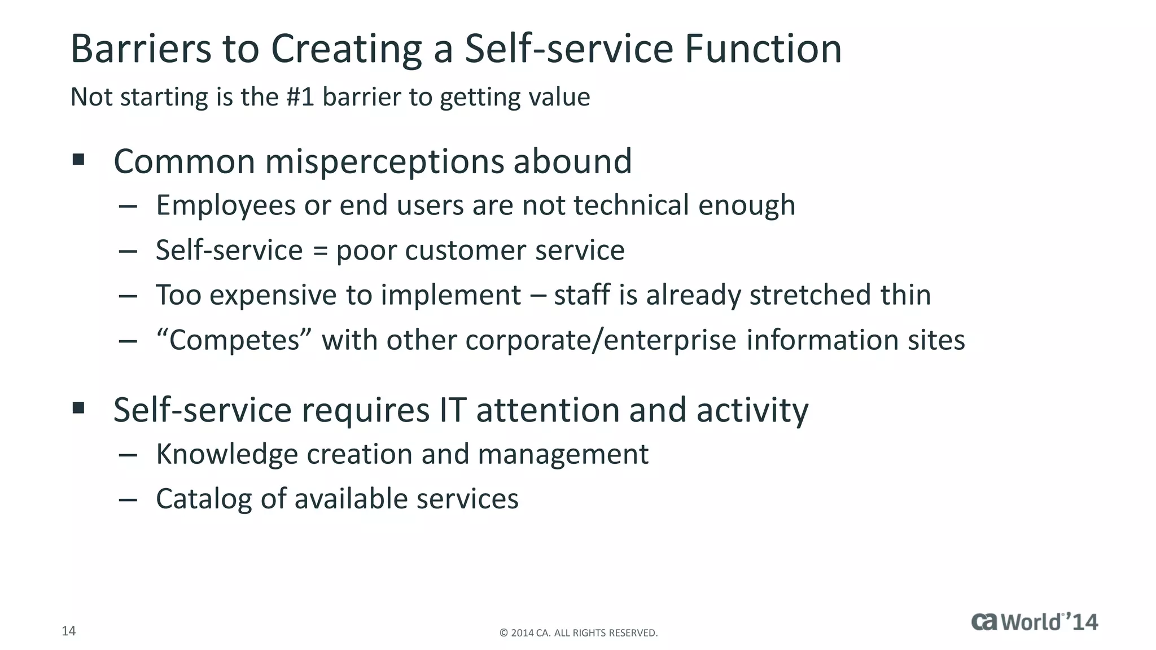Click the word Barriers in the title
141,49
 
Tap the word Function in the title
763,49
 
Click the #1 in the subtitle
300,97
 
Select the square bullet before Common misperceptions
78,160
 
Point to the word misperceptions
384,162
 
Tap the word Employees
226,206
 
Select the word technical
632,205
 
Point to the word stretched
810,295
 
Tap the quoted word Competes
234,341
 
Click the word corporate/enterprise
601,341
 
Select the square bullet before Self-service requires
78,408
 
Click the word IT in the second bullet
453,410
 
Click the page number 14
68,631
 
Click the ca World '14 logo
1035,622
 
